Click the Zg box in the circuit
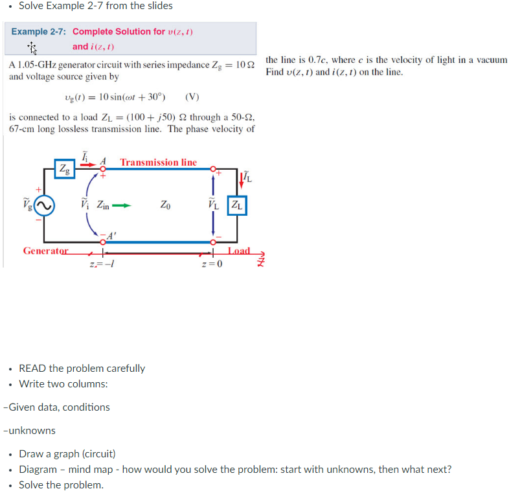point(65,169)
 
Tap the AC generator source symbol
point(44,206)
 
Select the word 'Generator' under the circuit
point(45,251)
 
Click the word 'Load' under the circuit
point(239,251)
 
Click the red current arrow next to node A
point(88,165)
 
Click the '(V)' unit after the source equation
point(192,97)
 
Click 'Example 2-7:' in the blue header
point(39,32)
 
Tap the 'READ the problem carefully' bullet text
point(82,368)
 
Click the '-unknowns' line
point(29,430)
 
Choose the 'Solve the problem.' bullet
point(61,485)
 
